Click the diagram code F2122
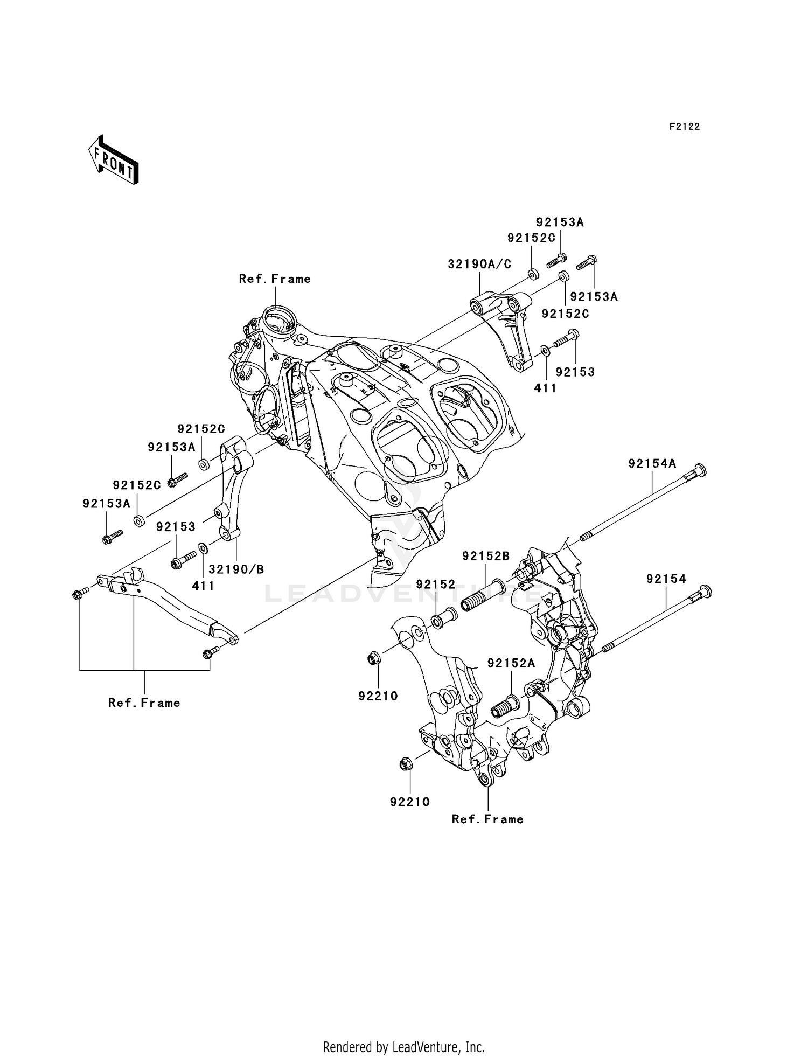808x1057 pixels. click(684, 127)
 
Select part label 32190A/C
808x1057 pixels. click(479, 265)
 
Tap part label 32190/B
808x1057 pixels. click(236, 569)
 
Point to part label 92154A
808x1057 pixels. click(652, 463)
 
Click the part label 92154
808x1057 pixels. click(666, 579)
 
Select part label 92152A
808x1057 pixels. click(511, 663)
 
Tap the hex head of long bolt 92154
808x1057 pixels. click(705, 591)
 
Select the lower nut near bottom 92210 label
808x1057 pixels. click(408, 763)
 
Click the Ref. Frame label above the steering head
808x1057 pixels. click(275, 279)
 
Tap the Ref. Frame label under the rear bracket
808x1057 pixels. click(487, 819)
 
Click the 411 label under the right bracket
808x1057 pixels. click(545, 387)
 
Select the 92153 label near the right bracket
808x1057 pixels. click(575, 372)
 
